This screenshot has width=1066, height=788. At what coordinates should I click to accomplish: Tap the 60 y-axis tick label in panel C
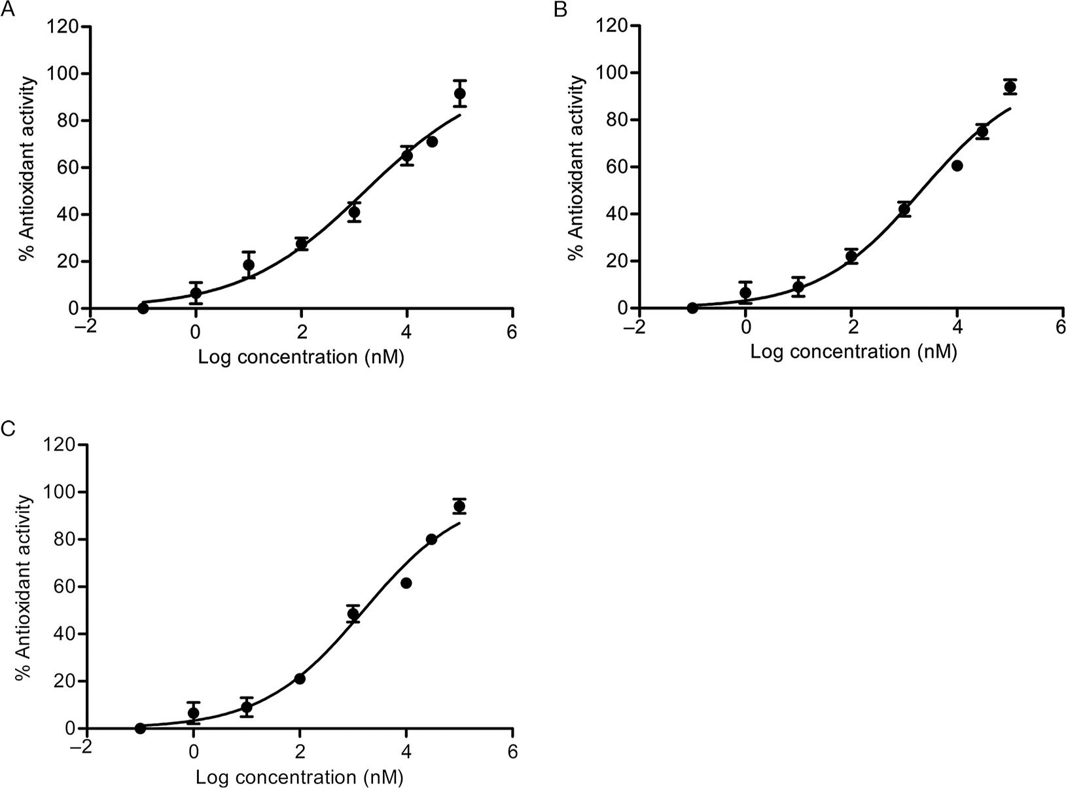[x=63, y=586]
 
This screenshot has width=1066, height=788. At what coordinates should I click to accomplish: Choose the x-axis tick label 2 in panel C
[x=300, y=751]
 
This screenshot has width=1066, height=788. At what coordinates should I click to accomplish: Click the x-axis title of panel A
[x=301, y=357]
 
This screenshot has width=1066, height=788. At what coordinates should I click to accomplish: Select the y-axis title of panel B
[x=577, y=167]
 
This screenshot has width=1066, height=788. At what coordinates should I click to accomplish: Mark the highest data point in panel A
[x=459, y=94]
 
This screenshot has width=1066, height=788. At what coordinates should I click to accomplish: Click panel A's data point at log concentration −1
[x=143, y=308]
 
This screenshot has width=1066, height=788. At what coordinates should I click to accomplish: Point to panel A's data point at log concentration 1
[x=249, y=265]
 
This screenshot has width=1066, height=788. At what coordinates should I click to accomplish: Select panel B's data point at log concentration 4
[x=957, y=166]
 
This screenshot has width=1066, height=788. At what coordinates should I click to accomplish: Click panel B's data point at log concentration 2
[x=851, y=256]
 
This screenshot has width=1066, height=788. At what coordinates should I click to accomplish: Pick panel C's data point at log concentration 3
[x=353, y=614]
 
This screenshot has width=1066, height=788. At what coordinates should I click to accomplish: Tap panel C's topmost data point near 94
[x=459, y=506]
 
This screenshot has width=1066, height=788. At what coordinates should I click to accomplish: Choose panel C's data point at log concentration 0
[x=194, y=713]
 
